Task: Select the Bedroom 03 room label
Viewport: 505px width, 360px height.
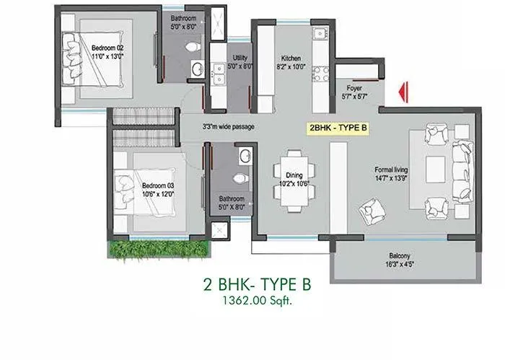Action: [x=157, y=185]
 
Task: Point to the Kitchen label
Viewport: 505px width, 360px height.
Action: [x=291, y=58]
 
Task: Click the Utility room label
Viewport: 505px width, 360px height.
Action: [x=240, y=58]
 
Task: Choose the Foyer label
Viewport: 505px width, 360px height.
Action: [x=353, y=88]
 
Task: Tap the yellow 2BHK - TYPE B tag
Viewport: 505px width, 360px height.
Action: [x=338, y=128]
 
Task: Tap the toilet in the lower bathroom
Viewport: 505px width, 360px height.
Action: [x=242, y=177]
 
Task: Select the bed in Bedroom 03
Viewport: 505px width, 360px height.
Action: [x=148, y=187]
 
